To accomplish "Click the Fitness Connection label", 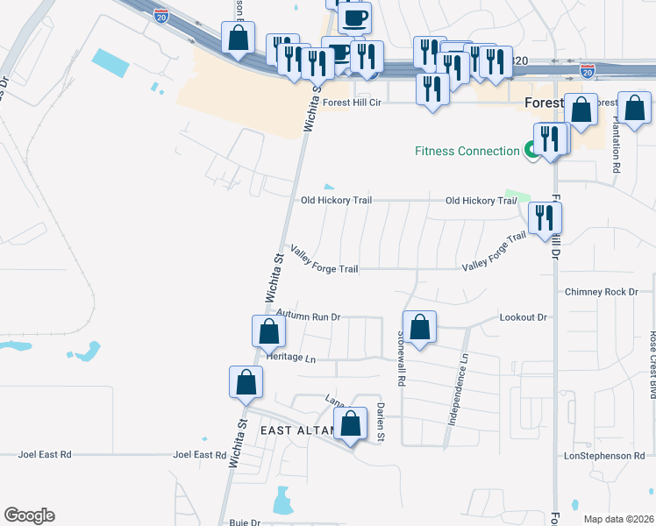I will (x=467, y=151).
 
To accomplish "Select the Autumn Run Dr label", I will (x=308, y=315).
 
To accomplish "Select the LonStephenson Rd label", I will (x=604, y=456).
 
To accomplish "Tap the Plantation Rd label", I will (x=617, y=143).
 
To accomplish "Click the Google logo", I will (x=29, y=515).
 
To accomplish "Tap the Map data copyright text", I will (x=617, y=519).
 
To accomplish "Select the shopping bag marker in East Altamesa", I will (x=351, y=424).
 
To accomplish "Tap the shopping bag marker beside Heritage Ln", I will (x=268, y=332).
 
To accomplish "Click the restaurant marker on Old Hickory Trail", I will (x=545, y=218).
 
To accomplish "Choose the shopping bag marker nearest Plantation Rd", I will (x=634, y=110).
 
